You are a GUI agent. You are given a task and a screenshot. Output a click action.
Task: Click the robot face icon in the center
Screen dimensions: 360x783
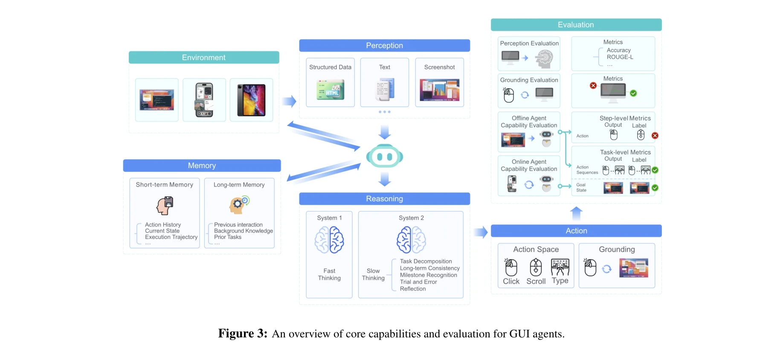385,157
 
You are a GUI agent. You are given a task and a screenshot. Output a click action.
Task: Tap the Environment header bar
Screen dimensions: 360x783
204,58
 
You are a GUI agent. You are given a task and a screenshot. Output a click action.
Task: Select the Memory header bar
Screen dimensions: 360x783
202,165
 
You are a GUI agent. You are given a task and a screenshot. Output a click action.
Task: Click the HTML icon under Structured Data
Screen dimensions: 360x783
331,90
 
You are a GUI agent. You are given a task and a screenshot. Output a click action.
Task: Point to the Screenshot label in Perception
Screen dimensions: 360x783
439,67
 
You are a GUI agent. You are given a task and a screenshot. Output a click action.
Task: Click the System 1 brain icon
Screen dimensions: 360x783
329,240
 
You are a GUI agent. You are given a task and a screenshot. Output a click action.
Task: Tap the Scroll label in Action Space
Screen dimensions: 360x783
536,282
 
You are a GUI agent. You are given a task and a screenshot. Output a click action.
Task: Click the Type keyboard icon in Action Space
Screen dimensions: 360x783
560,267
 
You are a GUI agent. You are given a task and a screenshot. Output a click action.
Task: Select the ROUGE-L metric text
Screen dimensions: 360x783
620,57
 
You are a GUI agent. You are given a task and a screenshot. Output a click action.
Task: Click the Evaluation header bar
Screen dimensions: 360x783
576,25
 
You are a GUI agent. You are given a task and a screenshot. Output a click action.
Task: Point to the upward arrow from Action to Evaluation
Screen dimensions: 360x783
576,213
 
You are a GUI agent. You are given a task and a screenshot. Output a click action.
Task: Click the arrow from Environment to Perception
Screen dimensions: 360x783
289,101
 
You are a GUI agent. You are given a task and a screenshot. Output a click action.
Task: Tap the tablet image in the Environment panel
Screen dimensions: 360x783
251,100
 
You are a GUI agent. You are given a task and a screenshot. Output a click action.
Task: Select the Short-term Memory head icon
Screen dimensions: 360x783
165,206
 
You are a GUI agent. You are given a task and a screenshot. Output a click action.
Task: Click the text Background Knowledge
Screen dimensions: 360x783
243,231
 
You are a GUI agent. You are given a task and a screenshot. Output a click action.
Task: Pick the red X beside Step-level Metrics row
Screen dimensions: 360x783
655,136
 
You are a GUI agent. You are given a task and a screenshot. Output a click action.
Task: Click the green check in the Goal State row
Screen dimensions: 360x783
655,188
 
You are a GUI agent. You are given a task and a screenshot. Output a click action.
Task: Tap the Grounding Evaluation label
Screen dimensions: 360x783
529,80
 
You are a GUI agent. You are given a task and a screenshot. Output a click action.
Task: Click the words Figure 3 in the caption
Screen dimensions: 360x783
242,334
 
